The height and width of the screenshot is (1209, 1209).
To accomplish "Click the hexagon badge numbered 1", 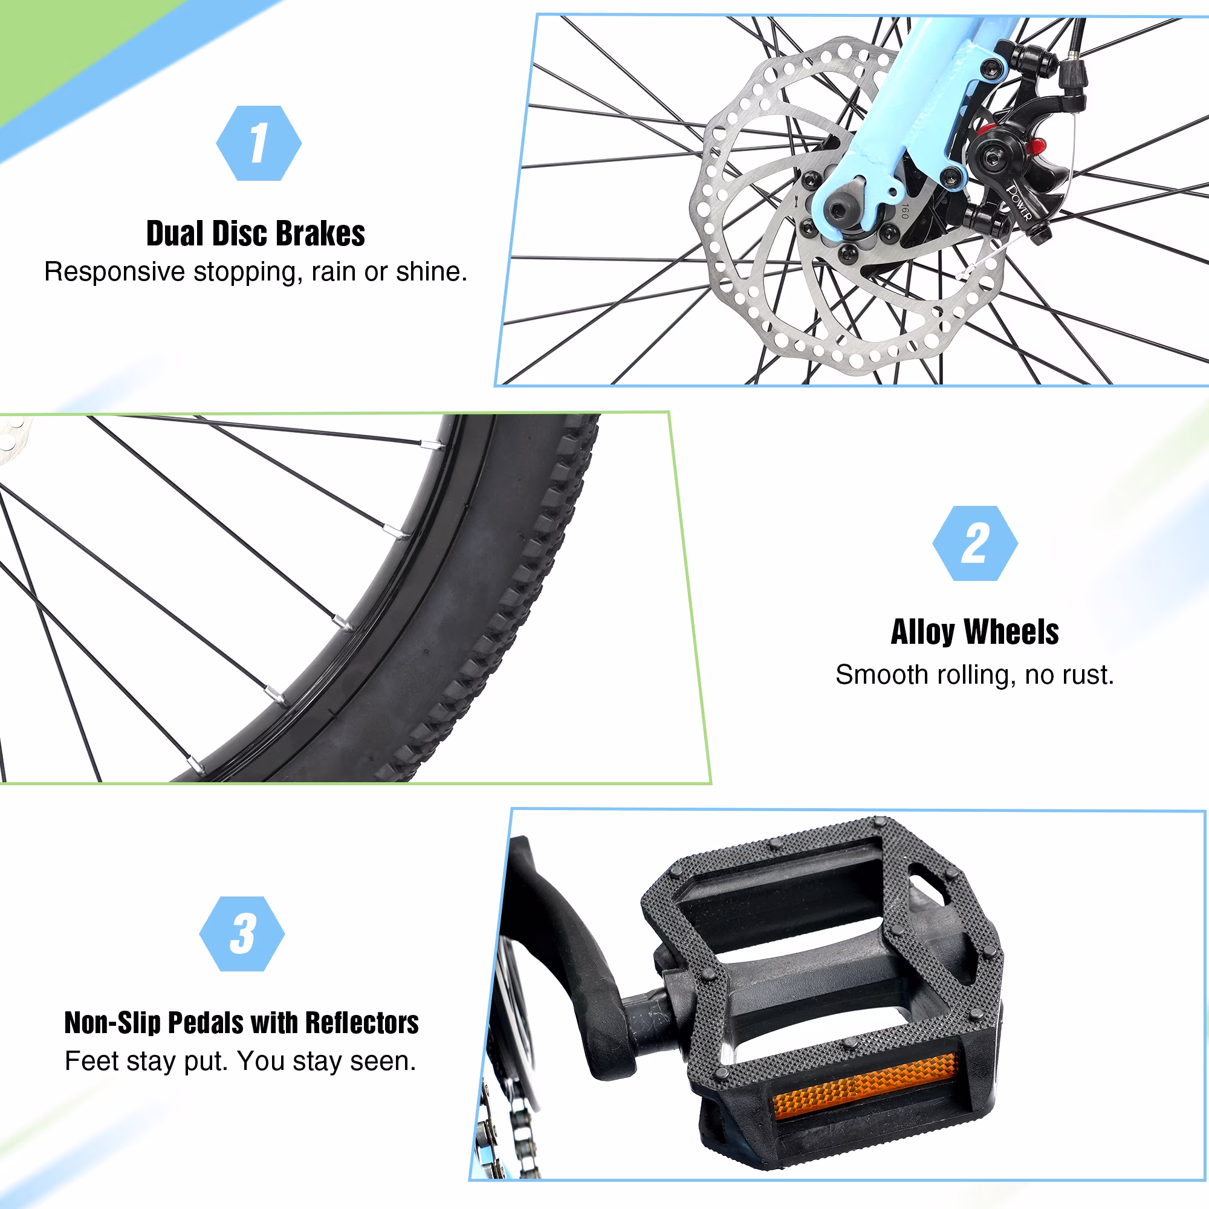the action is point(259,143).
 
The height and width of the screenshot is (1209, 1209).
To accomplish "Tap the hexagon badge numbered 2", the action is point(975,543).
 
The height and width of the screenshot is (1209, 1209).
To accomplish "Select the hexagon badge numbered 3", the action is point(242,934).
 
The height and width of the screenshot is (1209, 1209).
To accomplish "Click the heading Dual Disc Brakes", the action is point(255,234).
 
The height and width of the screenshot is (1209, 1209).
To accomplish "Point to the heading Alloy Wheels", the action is point(975,632).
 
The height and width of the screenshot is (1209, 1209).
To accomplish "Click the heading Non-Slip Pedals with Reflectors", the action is point(242,1023).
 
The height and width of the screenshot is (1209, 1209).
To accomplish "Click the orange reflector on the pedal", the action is point(866,1086).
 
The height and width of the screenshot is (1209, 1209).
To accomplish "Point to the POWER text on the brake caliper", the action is point(1019,202).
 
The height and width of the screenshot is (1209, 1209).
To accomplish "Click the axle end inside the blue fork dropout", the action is point(840,211).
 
